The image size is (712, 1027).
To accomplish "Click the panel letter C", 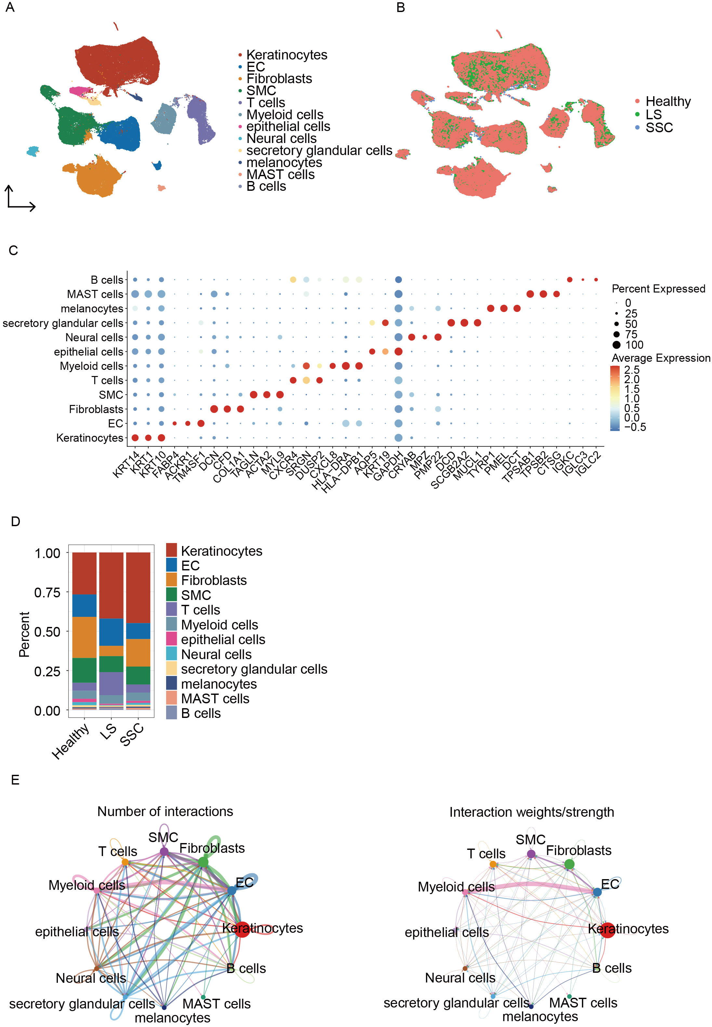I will [x=13, y=251].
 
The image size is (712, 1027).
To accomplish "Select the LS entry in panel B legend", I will [x=653, y=115].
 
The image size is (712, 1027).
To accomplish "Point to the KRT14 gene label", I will [x=126, y=465].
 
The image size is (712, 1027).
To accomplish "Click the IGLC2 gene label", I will [x=588, y=464].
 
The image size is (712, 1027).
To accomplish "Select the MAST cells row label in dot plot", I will [x=95, y=294].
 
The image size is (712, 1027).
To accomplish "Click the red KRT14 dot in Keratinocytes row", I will [x=135, y=438].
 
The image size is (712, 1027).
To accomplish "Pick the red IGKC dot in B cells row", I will [x=570, y=279].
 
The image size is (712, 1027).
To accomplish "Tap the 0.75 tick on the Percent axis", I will [x=47, y=593].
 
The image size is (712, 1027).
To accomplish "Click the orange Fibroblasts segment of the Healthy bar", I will [x=84, y=638].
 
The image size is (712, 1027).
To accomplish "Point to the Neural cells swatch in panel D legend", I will [x=171, y=654].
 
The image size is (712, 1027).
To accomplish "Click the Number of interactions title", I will [x=165, y=812].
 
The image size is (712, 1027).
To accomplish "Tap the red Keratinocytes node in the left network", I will [x=241, y=929].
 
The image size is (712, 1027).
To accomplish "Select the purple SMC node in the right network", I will [x=531, y=854].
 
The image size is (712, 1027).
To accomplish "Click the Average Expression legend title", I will [x=661, y=358].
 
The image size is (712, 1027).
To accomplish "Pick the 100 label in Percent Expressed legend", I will [x=634, y=345].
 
